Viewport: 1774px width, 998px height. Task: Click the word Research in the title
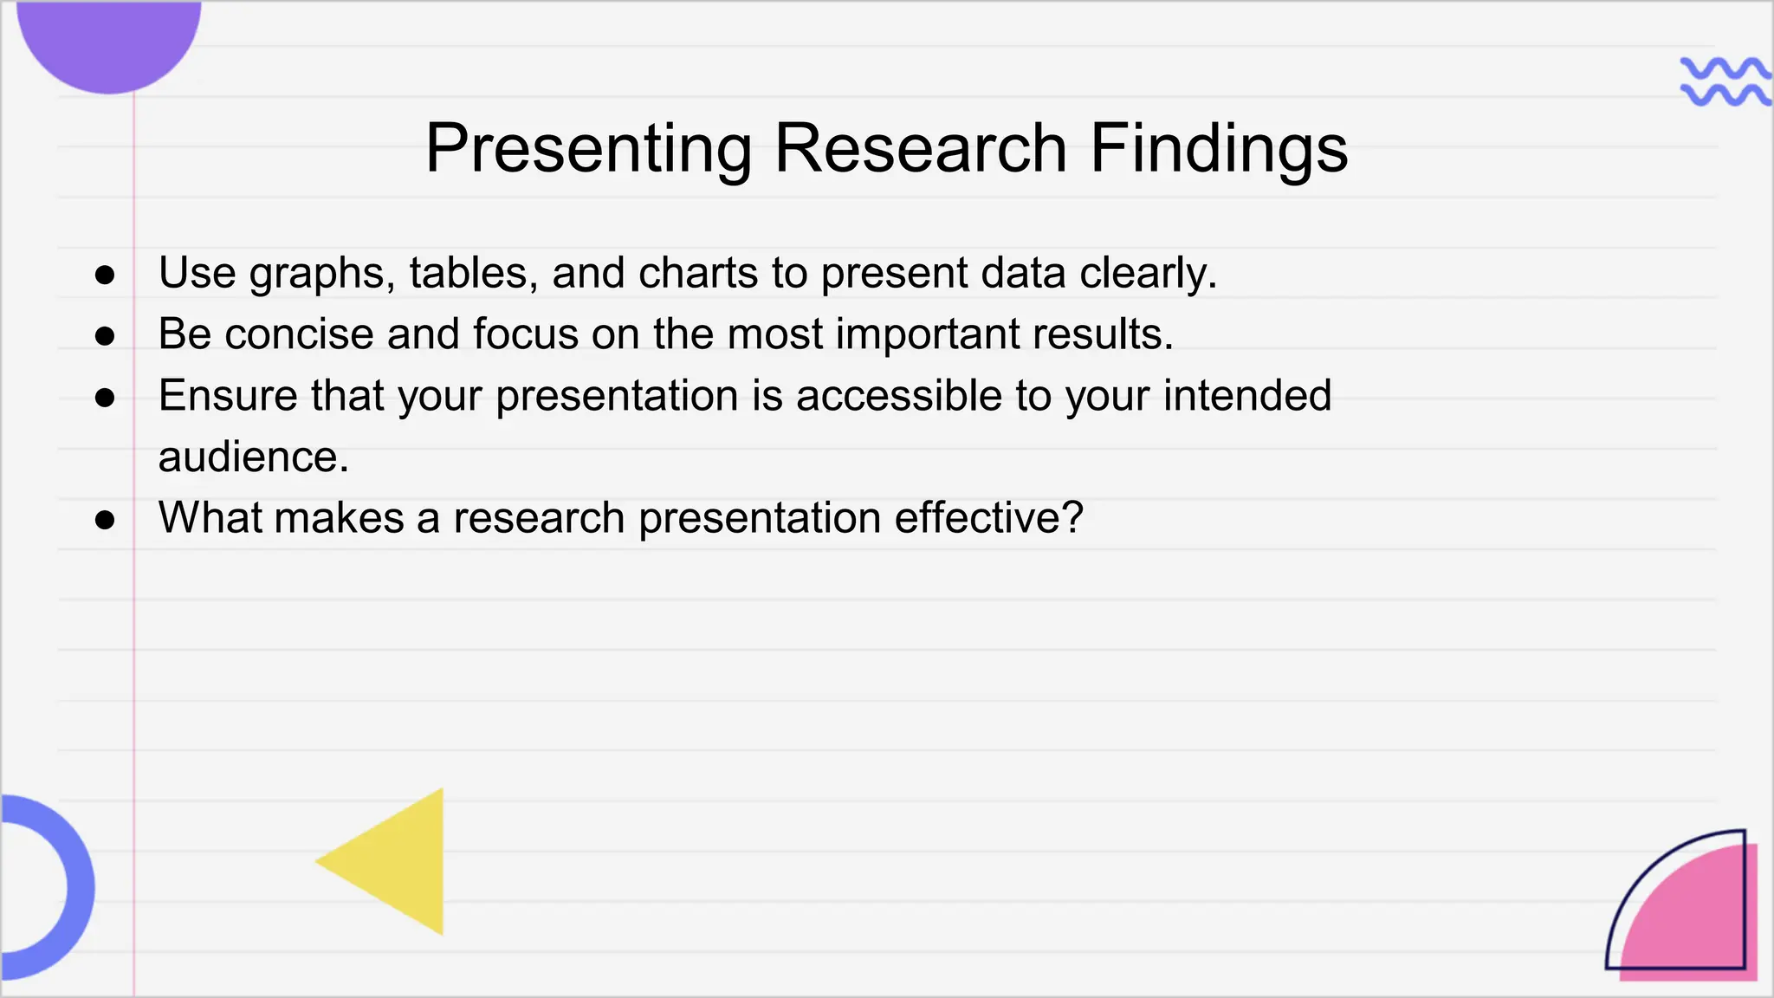coord(920,148)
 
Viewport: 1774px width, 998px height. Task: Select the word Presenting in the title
coord(588,150)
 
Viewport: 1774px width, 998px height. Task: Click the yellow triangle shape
coord(398,862)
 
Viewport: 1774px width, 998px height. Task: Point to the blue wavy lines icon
coord(1725,81)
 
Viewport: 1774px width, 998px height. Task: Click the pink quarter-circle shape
coord(1698,918)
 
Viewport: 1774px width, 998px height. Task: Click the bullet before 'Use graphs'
coord(105,275)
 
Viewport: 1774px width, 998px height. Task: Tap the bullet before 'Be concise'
coord(105,336)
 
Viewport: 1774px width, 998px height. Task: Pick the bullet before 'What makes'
coord(105,520)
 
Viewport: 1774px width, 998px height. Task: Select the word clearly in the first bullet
coord(1148,274)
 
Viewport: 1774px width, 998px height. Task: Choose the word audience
coord(253,457)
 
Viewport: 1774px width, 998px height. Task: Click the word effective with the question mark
coord(988,518)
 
